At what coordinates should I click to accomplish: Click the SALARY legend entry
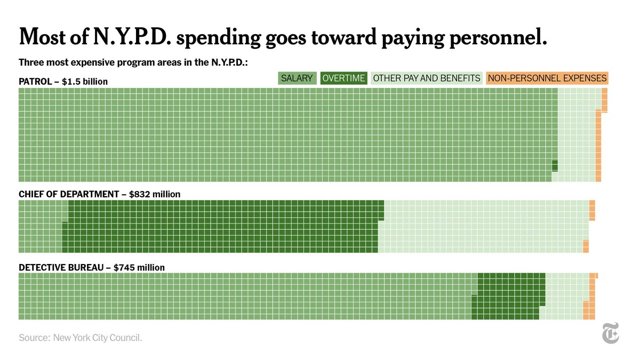click(297, 78)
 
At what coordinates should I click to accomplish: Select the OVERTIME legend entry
click(344, 78)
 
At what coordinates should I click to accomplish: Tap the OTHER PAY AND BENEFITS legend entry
click(427, 78)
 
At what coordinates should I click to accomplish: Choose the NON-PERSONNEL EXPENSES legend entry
click(547, 78)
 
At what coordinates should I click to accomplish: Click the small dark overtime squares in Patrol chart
click(555, 166)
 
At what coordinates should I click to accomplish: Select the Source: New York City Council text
click(81, 338)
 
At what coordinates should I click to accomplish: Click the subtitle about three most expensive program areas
click(133, 62)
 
